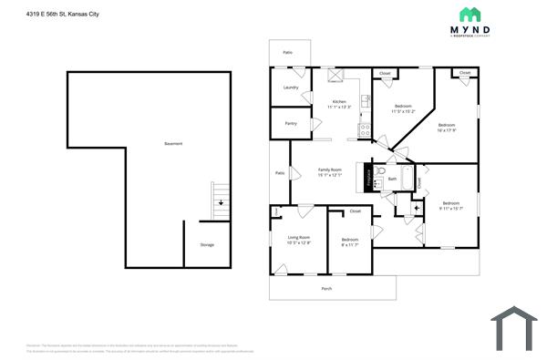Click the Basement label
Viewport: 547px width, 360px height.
172,144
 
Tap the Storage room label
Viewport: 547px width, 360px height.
207,244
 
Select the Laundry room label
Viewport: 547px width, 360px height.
291,87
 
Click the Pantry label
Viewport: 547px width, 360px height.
291,123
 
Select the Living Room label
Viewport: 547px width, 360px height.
298,240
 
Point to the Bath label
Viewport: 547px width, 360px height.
392,179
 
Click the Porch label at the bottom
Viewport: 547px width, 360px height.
326,288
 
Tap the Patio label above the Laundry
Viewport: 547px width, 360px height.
288,53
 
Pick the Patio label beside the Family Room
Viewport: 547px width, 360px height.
280,172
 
